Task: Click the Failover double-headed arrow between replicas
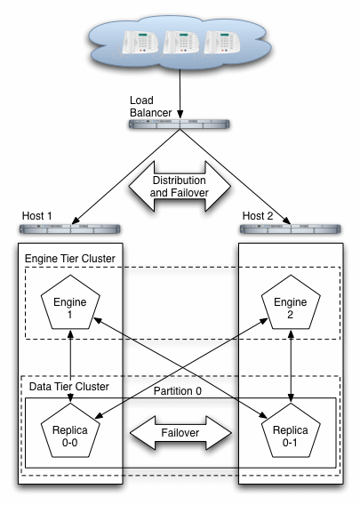[180, 433]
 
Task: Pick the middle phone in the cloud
[181, 44]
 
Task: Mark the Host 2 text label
[259, 216]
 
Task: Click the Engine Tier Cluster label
[70, 258]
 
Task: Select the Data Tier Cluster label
[65, 387]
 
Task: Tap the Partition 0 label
[180, 389]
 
